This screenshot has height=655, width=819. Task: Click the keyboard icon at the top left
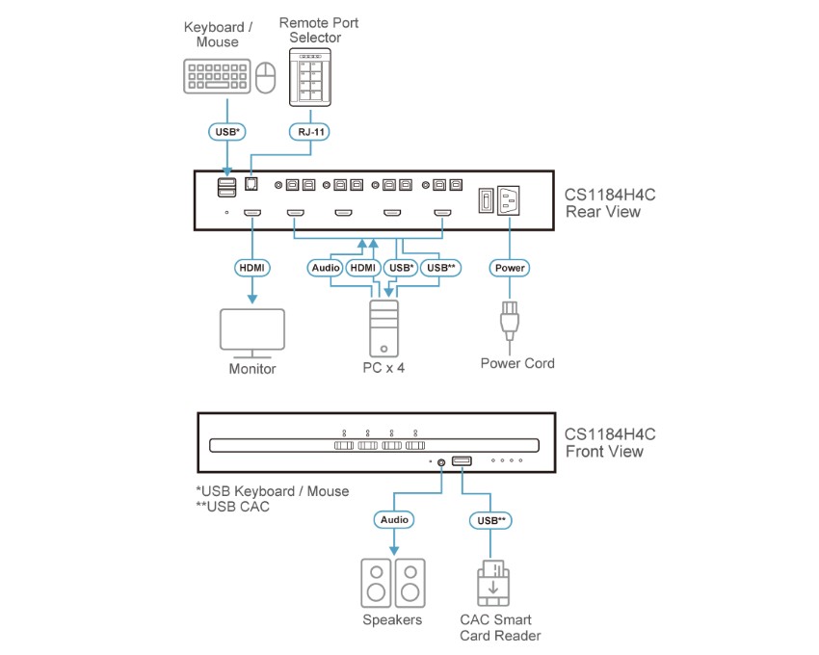click(218, 76)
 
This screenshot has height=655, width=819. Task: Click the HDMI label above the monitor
click(252, 267)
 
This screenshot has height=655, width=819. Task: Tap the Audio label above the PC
click(325, 267)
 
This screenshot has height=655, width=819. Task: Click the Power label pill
click(511, 267)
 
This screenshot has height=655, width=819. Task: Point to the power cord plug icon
click(510, 324)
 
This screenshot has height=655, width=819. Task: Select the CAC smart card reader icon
click(493, 582)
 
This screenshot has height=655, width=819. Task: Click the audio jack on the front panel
click(441, 462)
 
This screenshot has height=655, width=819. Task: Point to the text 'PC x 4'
click(383, 367)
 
